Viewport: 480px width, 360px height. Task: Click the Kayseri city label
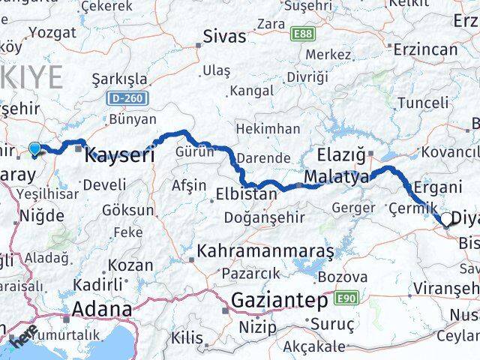click(x=120, y=156)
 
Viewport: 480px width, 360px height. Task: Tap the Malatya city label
click(x=337, y=178)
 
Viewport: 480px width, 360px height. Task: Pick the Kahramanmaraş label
click(x=265, y=251)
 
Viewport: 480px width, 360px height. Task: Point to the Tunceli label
click(x=423, y=102)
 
